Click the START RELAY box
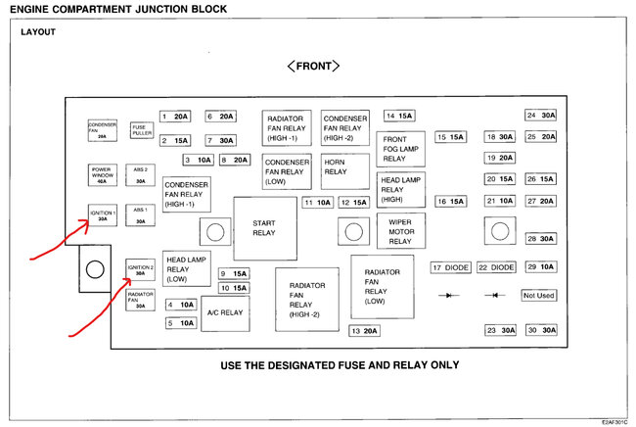click(264, 228)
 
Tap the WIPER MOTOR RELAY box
click(400, 232)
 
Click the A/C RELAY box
click(224, 313)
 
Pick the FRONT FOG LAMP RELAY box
click(401, 149)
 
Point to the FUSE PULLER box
click(142, 130)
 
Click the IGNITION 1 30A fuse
click(103, 215)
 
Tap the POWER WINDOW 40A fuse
click(103, 175)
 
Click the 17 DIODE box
click(450, 267)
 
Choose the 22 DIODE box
click(496, 267)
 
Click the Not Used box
click(538, 295)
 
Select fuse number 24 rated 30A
click(540, 116)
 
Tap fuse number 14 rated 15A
click(400, 116)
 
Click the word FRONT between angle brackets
click(312, 66)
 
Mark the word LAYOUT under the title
click(38, 31)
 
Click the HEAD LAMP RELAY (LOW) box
click(187, 267)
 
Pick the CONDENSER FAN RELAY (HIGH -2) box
click(345, 128)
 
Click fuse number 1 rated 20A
click(175, 116)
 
